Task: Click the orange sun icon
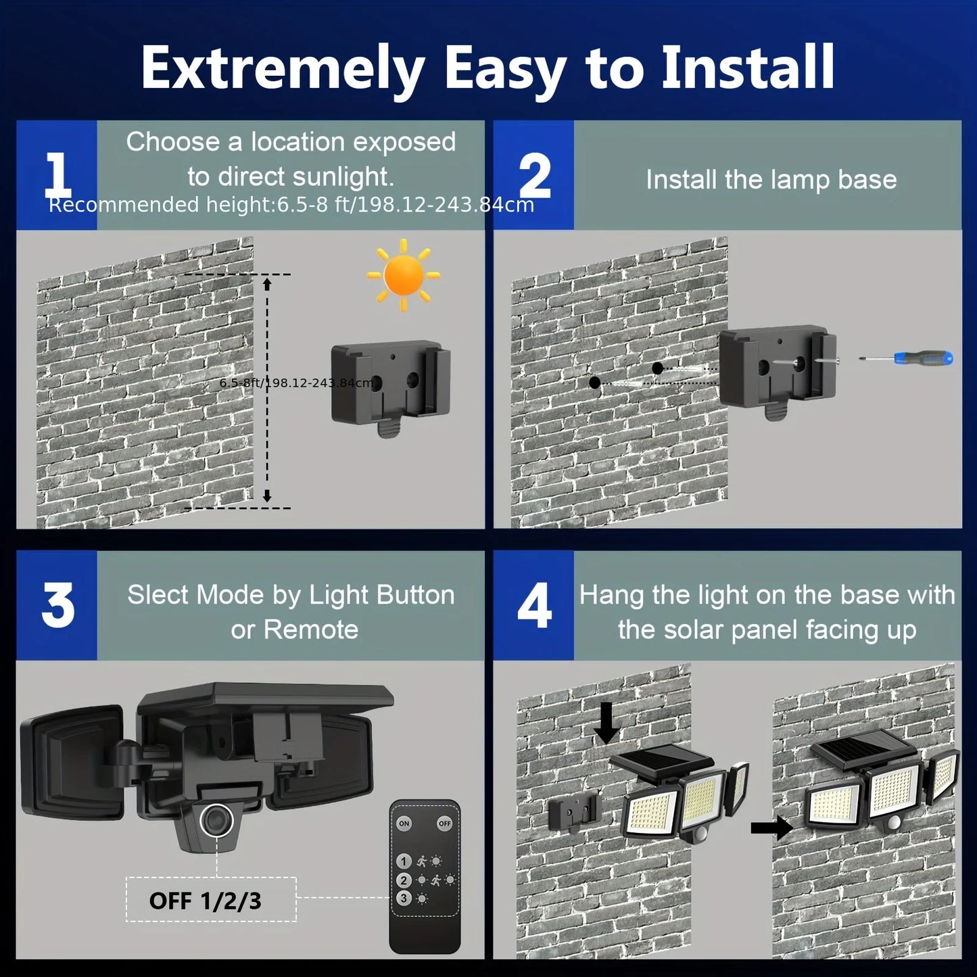click(404, 275)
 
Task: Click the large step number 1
click(57, 174)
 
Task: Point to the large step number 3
click(57, 605)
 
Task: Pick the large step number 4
click(534, 606)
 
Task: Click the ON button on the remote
click(404, 824)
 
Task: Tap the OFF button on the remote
click(444, 824)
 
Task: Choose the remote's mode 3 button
click(404, 899)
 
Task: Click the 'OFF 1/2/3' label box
click(211, 900)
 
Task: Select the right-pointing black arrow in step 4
click(771, 826)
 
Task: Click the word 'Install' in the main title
click(747, 68)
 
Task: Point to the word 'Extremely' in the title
click(283, 69)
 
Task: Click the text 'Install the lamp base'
click(771, 180)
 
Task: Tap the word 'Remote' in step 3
click(311, 629)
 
